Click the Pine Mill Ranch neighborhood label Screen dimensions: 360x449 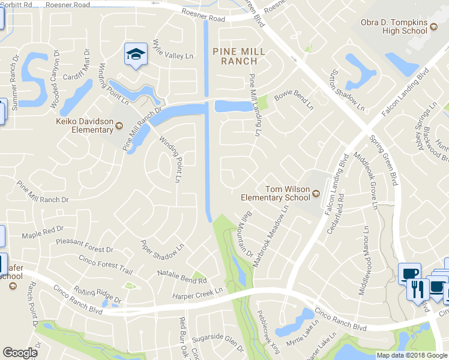click(x=239, y=56)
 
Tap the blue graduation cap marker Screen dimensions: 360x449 click(x=136, y=55)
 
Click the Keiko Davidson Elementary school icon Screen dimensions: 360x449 click(x=119, y=125)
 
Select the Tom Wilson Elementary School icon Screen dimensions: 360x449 click(x=315, y=194)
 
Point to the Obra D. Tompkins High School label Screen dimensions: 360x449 click(x=394, y=27)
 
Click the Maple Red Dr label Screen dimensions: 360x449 click(x=42, y=231)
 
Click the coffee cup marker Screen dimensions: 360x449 click(x=410, y=274)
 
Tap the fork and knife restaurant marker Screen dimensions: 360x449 click(x=417, y=289)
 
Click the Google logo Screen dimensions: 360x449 click(x=20, y=353)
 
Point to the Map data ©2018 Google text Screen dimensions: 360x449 click(x=412, y=355)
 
